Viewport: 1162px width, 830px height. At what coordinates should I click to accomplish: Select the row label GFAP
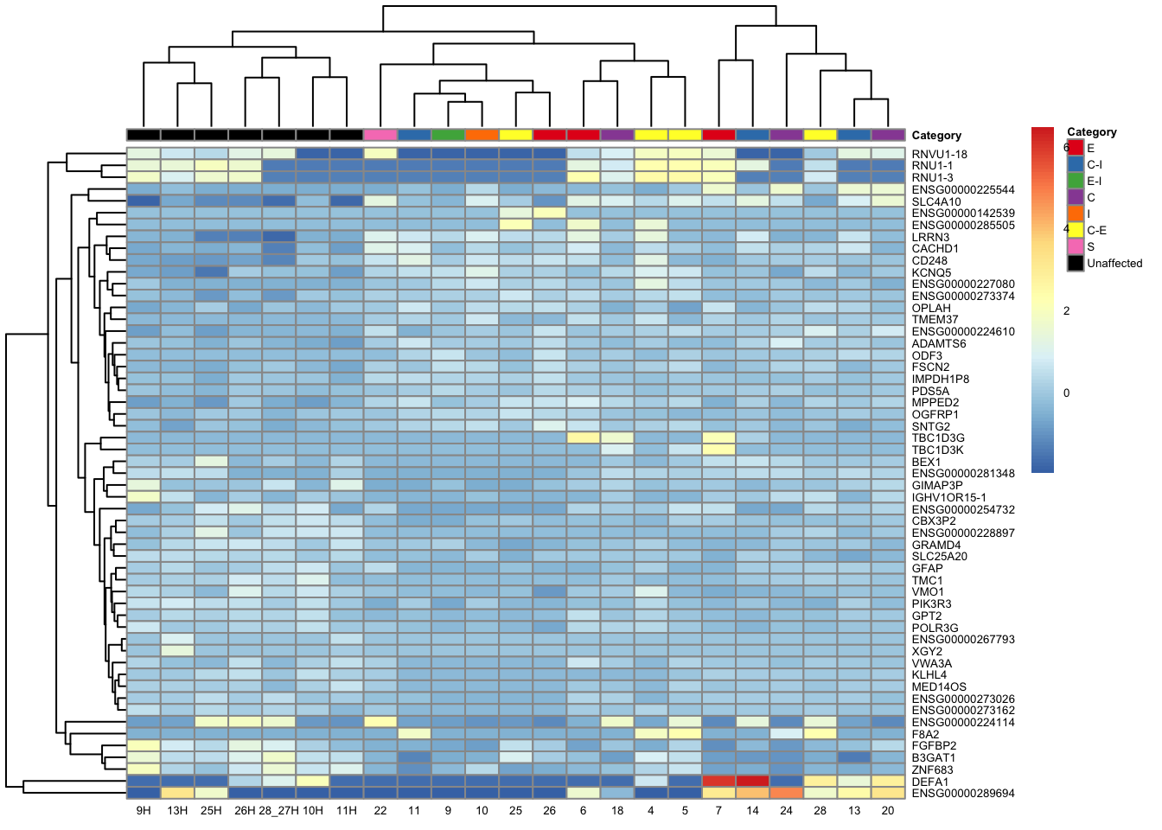tap(927, 568)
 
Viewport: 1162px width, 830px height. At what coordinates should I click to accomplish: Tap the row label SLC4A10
tap(936, 201)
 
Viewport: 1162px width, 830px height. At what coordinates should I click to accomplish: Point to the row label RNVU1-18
tap(939, 154)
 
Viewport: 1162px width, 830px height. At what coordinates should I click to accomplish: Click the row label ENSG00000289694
tap(963, 793)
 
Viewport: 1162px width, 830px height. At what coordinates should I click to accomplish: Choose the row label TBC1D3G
tap(938, 438)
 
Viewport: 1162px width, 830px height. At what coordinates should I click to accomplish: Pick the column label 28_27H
tap(278, 810)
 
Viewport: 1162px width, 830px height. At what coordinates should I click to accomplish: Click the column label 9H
tap(144, 810)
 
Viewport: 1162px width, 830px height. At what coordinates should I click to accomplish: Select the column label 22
tap(380, 810)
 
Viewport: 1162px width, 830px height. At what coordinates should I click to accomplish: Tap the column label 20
tap(888, 810)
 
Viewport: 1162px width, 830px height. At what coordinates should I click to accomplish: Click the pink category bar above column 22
tap(380, 135)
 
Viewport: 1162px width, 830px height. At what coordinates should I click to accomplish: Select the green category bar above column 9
tap(448, 135)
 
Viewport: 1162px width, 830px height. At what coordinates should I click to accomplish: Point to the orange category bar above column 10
tap(482, 135)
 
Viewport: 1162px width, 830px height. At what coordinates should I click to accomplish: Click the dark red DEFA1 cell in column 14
tap(752, 782)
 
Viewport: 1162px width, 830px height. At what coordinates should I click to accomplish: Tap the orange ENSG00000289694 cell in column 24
tap(786, 793)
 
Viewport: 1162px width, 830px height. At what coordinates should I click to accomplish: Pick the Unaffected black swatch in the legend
tap(1076, 263)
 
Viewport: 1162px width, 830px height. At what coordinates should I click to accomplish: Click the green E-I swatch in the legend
tap(1076, 181)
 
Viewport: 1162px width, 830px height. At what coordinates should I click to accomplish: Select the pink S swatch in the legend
tap(1076, 246)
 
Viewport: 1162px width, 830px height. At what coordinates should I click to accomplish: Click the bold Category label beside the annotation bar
tap(936, 135)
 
